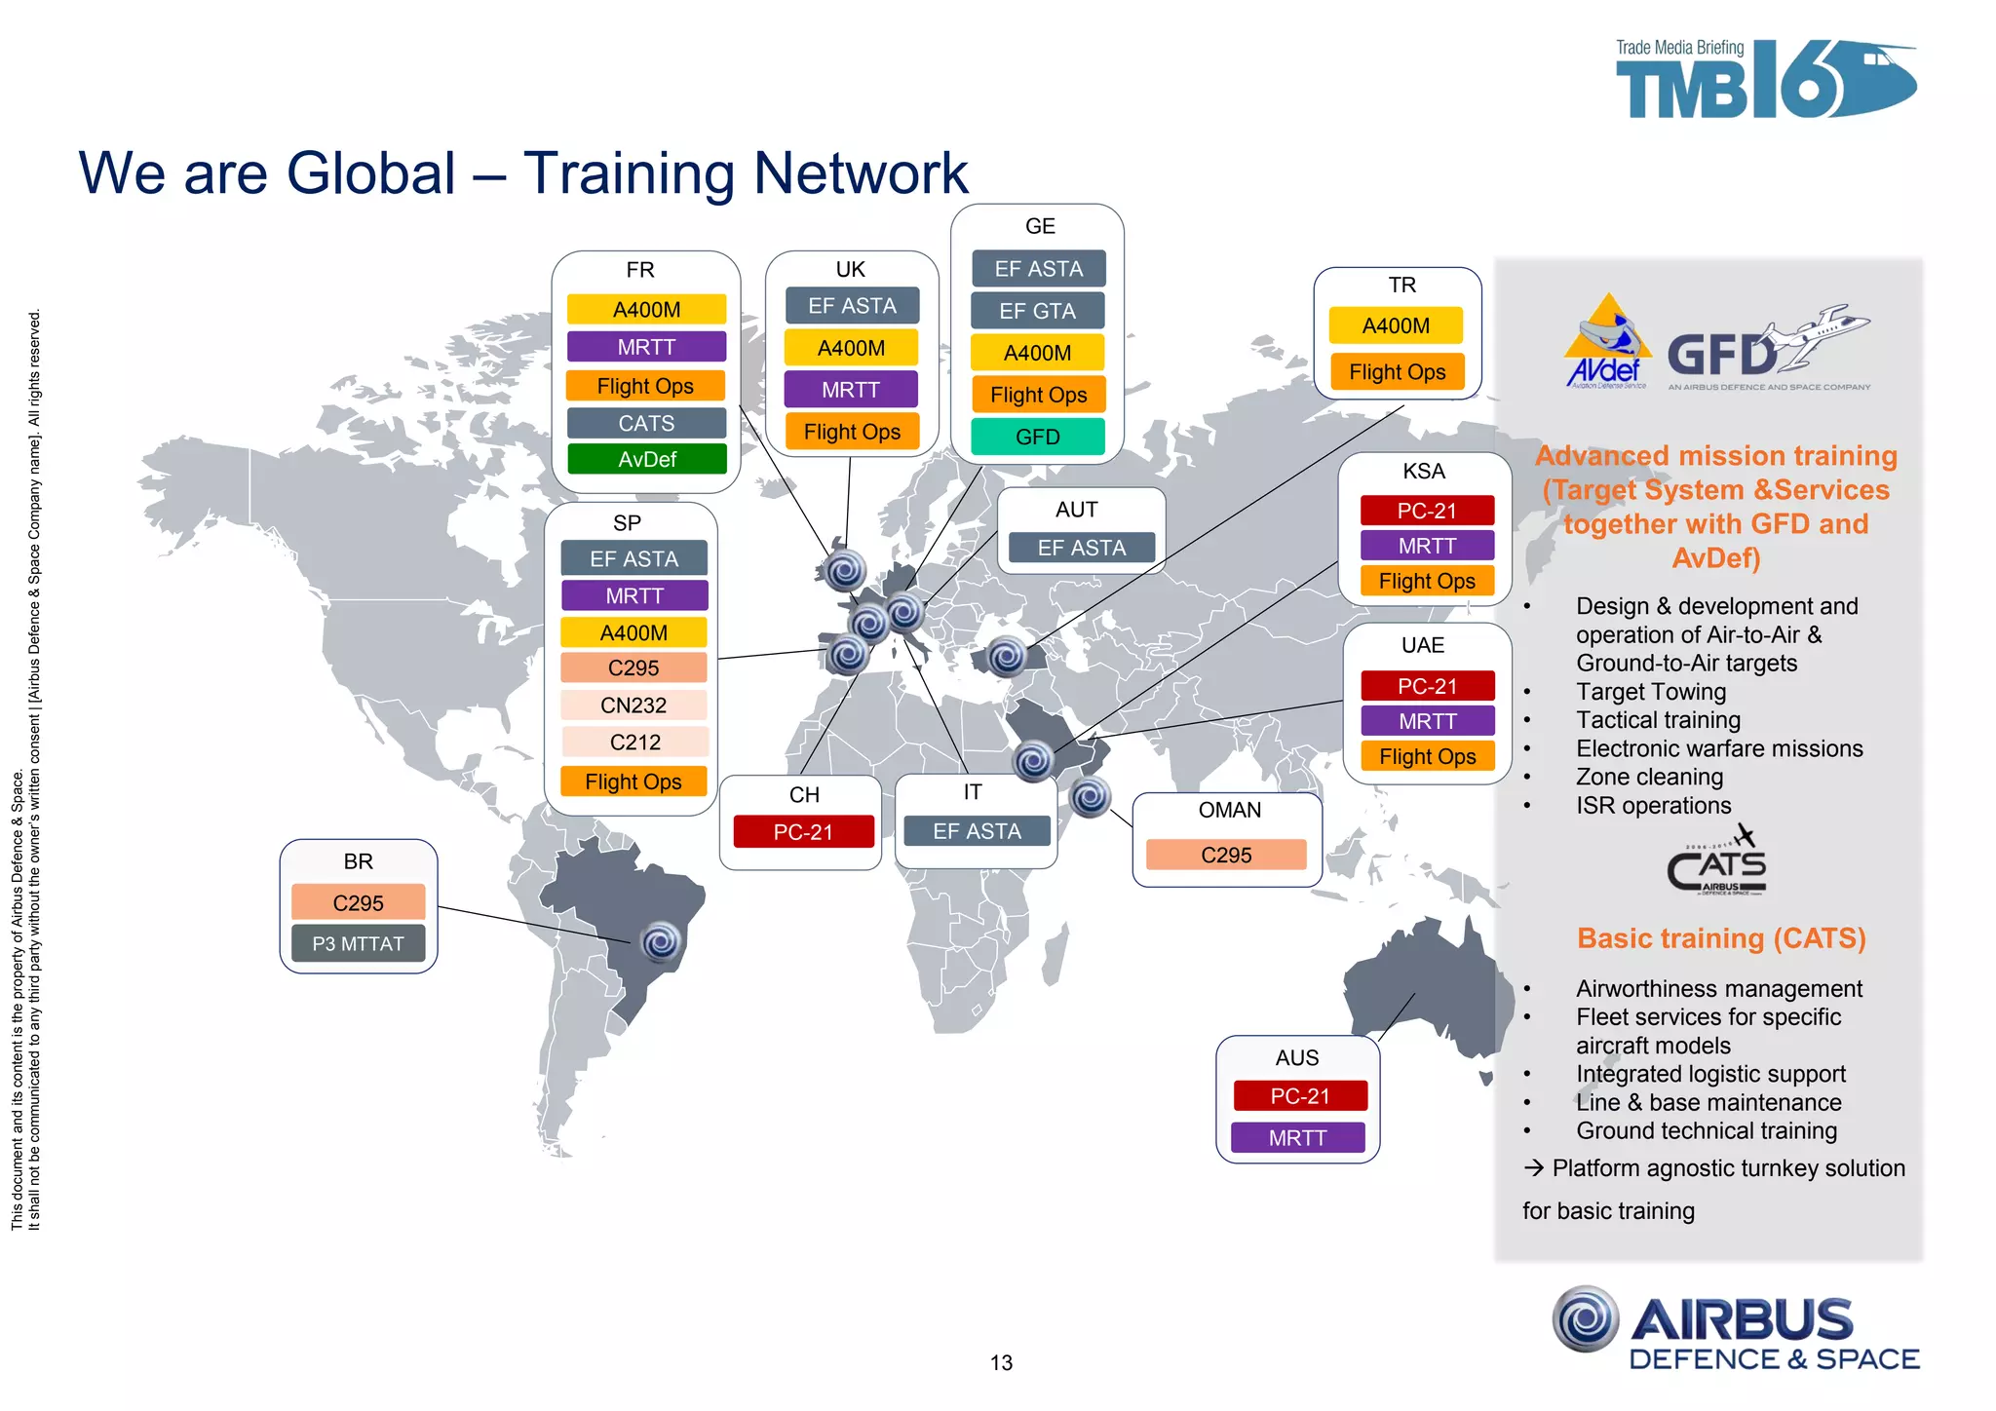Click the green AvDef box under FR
pos(647,459)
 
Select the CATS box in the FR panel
pos(646,423)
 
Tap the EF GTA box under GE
pos(1037,311)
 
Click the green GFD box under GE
pos(1037,437)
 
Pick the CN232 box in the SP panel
pos(633,705)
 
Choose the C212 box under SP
pos(634,742)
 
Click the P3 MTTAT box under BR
pos(358,943)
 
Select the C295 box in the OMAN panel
pos(1226,855)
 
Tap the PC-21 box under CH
pos(803,832)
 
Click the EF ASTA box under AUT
pos(1081,548)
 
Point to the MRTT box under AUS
pos(1297,1137)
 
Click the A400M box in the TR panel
pos(1396,325)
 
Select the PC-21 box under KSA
pos(1427,511)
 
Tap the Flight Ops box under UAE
pos(1427,756)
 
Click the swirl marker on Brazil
pos(661,941)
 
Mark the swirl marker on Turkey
pos(1007,656)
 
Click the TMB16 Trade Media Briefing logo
pos(1765,79)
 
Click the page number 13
pos(1001,1362)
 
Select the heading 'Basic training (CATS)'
pos(1721,937)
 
